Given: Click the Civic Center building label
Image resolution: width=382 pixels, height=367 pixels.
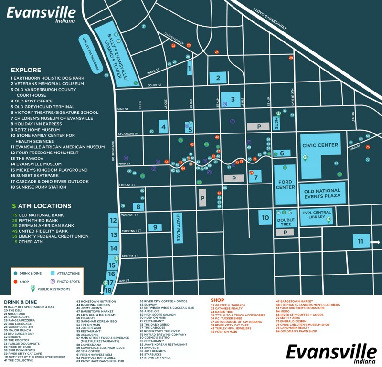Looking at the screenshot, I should pyautogui.click(x=319, y=145).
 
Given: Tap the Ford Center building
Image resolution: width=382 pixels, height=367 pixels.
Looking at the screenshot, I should pyautogui.click(x=285, y=184).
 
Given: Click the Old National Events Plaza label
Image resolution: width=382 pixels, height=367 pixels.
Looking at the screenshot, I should pyautogui.click(x=322, y=193).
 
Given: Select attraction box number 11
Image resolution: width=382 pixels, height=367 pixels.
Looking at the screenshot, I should pyautogui.click(x=361, y=242).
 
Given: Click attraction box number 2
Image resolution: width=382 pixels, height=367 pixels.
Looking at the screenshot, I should pyautogui.click(x=218, y=78).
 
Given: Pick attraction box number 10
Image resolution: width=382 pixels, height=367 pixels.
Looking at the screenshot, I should pyautogui.click(x=265, y=218).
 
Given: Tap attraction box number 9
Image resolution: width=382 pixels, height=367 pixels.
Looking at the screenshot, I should pyautogui.click(x=155, y=227).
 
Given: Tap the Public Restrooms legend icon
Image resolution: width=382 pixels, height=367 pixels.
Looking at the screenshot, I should pyautogui.click(x=33, y=288).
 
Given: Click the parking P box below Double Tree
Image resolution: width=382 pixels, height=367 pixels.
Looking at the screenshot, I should pyautogui.click(x=286, y=233).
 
